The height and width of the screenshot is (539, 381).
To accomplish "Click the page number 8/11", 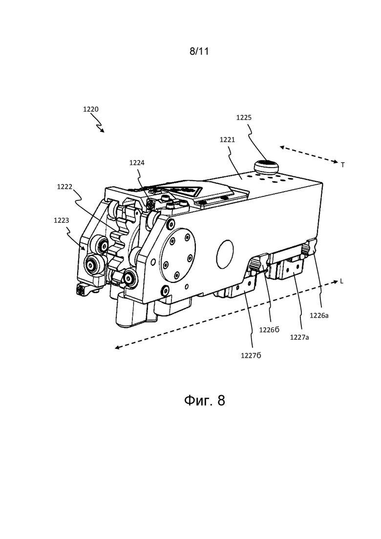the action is pos(199,52).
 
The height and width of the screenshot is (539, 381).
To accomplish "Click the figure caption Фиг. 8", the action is pos(205,401).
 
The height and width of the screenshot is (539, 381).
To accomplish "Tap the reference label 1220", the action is pos(91,109).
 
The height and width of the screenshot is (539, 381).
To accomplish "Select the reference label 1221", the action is pos(228,140).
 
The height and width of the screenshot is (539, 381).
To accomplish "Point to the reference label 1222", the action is pos(64,187).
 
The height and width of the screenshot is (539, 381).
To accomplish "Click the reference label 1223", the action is pos(61,220).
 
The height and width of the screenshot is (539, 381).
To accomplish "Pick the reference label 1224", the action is pos(137,163).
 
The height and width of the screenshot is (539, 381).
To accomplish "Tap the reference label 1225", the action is pos(244,118).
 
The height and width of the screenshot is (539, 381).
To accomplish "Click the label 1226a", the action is pos(319,315).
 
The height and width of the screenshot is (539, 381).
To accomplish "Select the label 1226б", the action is pos(269,330).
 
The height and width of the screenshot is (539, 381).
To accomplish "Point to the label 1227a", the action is pos(299,337).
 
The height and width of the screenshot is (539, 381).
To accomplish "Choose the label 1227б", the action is pos(251,356).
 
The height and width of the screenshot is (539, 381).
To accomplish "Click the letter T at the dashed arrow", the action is pos(342,165).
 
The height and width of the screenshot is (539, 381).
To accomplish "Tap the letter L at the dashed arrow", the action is pos(341,281).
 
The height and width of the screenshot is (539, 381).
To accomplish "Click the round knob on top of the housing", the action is pos(266,167).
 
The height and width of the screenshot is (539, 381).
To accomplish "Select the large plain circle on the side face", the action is pos(225,254).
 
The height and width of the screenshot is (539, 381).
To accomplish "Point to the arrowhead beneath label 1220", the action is pos(103,130).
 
